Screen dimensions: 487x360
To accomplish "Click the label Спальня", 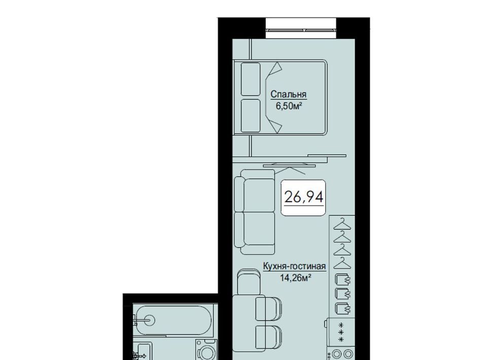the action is (289, 94).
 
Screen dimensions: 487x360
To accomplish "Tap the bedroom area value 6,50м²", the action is (289, 106).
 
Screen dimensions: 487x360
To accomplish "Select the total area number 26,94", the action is (303, 197).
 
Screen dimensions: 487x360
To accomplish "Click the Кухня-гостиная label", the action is (294, 267).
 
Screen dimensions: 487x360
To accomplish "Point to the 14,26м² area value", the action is (296, 278).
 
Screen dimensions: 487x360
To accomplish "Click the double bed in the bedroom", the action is (280, 97).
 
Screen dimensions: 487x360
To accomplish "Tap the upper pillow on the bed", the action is (250, 79).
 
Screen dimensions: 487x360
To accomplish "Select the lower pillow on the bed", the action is (250, 116).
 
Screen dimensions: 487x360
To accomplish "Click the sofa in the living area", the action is (255, 212).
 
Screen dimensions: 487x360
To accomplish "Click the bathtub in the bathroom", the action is (174, 320).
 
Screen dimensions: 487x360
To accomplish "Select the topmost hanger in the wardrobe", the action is (342, 224).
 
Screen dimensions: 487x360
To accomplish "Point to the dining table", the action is (249, 323).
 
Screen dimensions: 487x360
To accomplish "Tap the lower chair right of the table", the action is (269, 338).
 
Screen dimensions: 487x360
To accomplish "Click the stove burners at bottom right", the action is (342, 354).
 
